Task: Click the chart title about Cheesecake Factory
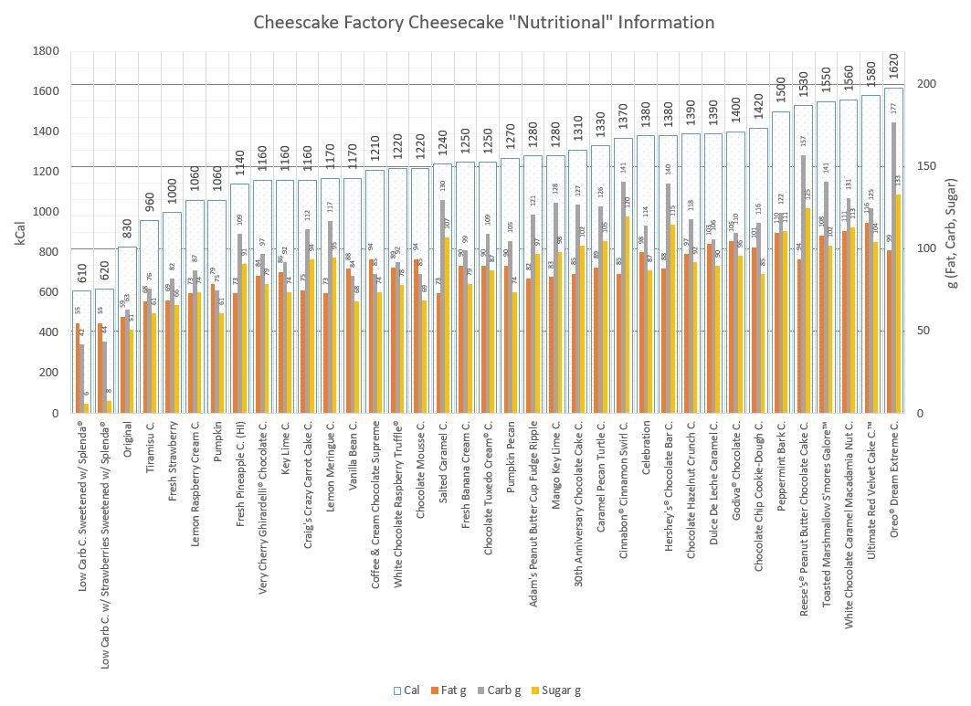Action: click(x=484, y=22)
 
